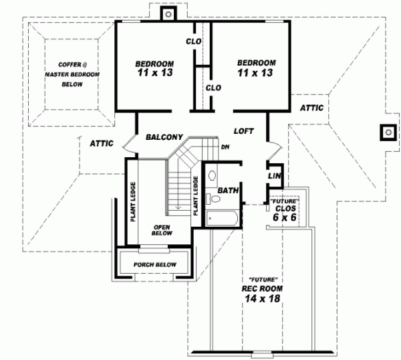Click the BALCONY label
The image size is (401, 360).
pyautogui.click(x=164, y=137)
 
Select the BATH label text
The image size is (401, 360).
pyautogui.click(x=229, y=191)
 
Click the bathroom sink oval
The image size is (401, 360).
pyautogui.click(x=212, y=176)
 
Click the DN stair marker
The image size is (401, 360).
pyautogui.click(x=226, y=147)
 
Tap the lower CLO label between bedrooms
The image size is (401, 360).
pyautogui.click(x=213, y=88)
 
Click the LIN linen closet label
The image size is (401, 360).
pyautogui.click(x=274, y=175)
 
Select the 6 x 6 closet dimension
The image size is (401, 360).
pyautogui.click(x=285, y=217)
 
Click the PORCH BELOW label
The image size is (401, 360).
pyautogui.click(x=154, y=265)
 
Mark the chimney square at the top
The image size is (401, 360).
pyautogui.click(x=169, y=13)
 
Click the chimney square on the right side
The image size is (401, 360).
pyautogui.click(x=387, y=132)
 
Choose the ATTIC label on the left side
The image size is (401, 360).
pyautogui.click(x=102, y=143)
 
